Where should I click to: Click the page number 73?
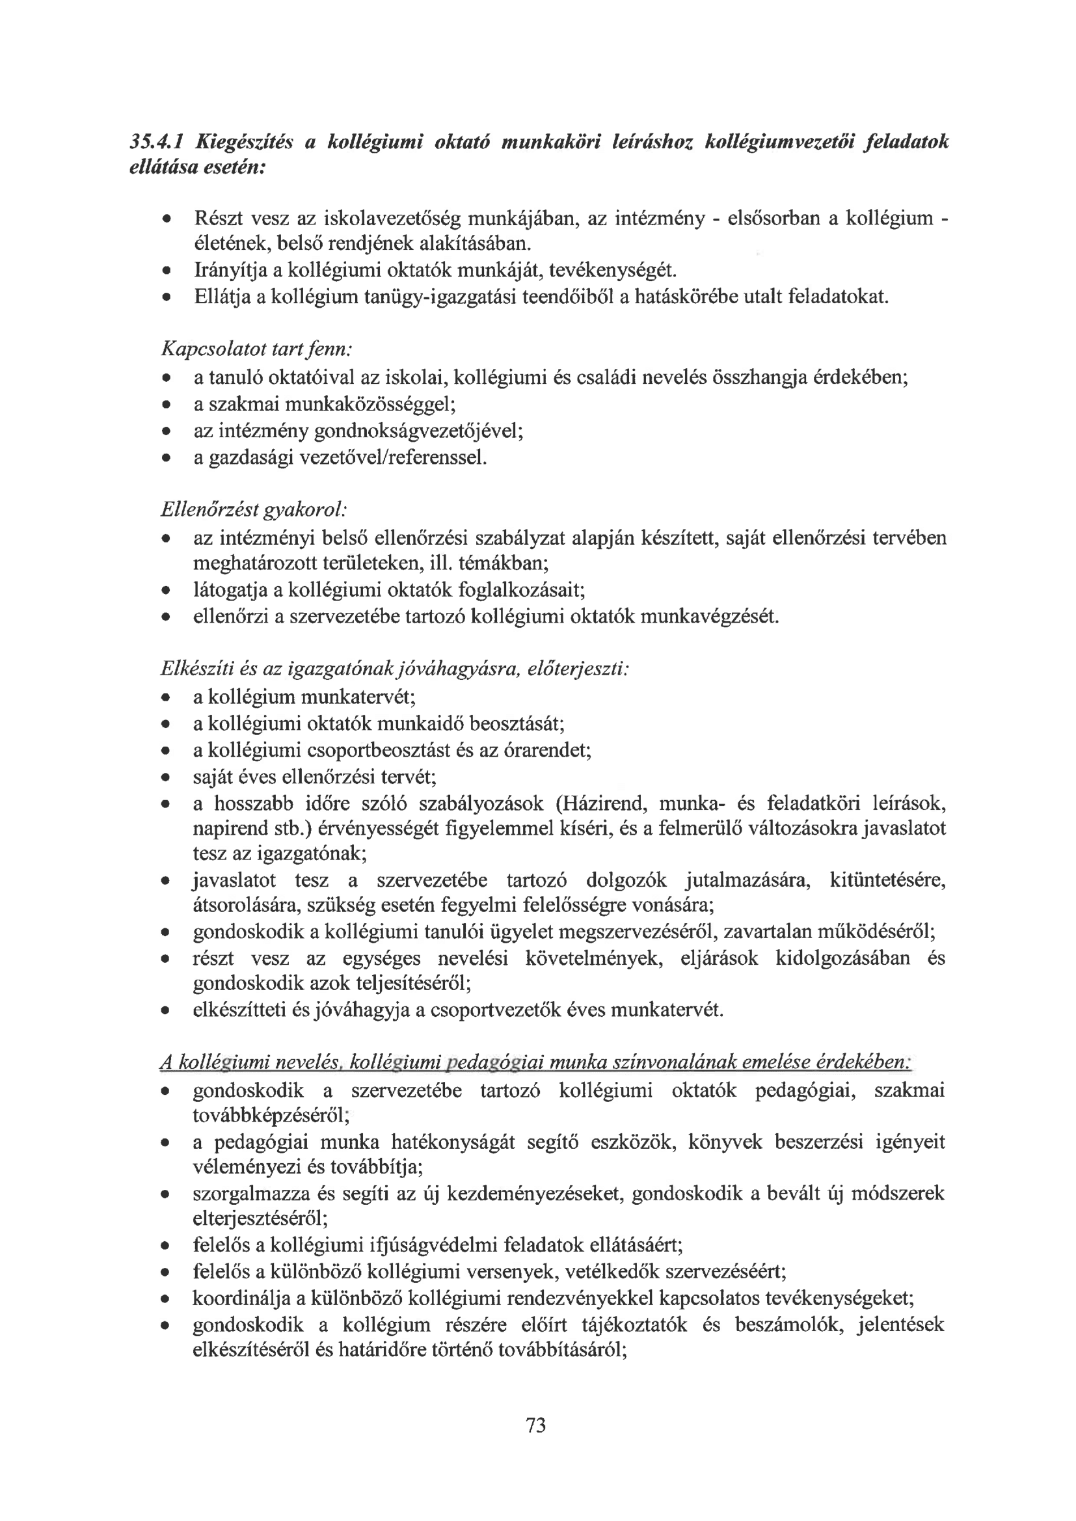click(535, 1424)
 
